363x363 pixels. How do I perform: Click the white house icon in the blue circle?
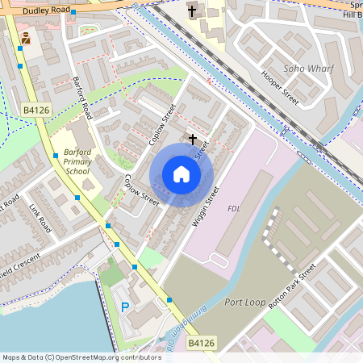coord(181,174)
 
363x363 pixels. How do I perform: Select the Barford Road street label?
coord(82,98)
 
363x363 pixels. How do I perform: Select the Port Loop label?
coord(245,303)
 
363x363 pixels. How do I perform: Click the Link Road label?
coord(40,218)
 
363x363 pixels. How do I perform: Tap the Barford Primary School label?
coord(77,161)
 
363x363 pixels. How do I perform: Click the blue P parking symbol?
coord(124,307)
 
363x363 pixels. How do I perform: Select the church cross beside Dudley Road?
coord(192,11)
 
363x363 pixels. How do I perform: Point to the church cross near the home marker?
coord(192,140)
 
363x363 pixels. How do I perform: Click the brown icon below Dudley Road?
coord(27,38)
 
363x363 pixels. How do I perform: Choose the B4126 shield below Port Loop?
coord(201,344)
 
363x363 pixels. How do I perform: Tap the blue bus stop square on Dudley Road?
coord(73,13)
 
